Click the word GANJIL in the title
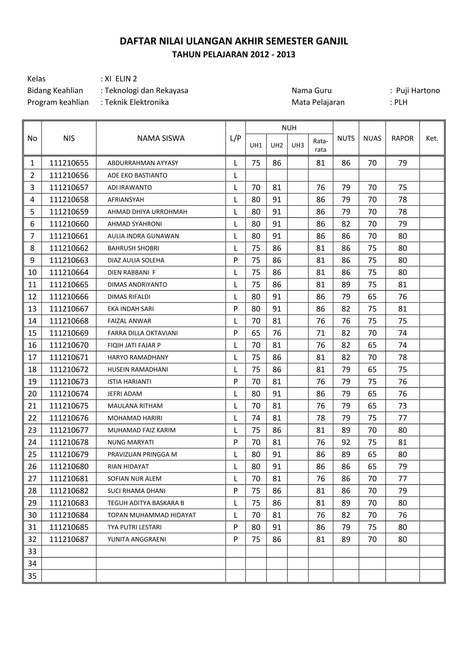click(332, 41)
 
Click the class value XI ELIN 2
click(121, 79)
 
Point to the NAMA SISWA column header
click(161, 138)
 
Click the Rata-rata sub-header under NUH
click(320, 145)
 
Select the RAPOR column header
click(402, 138)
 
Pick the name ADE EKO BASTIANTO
click(137, 175)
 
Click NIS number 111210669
click(69, 333)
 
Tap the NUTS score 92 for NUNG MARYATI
click(346, 442)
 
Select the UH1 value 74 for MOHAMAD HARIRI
click(256, 418)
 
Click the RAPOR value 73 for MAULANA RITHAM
click(402, 406)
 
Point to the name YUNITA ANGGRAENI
click(137, 539)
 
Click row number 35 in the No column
click(32, 576)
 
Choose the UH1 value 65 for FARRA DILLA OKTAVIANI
click(256, 333)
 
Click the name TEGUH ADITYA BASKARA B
click(146, 503)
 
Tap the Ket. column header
click(432, 138)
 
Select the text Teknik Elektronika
click(137, 102)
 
